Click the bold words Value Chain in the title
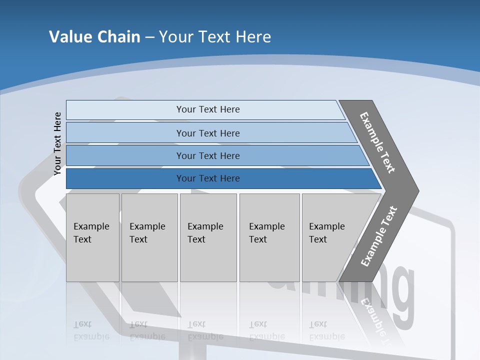94,37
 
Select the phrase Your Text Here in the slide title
215,37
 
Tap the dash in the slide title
149,37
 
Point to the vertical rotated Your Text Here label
57,143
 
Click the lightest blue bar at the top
207,109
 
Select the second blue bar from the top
207,133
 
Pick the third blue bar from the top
207,155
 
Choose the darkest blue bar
207,178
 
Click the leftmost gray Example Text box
92,237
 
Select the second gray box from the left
149,237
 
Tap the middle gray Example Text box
208,237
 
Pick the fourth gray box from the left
269,237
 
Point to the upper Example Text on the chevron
377,142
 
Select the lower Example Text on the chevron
378,236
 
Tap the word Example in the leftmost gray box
91,226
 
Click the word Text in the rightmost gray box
317,239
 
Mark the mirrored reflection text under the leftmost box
91,330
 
